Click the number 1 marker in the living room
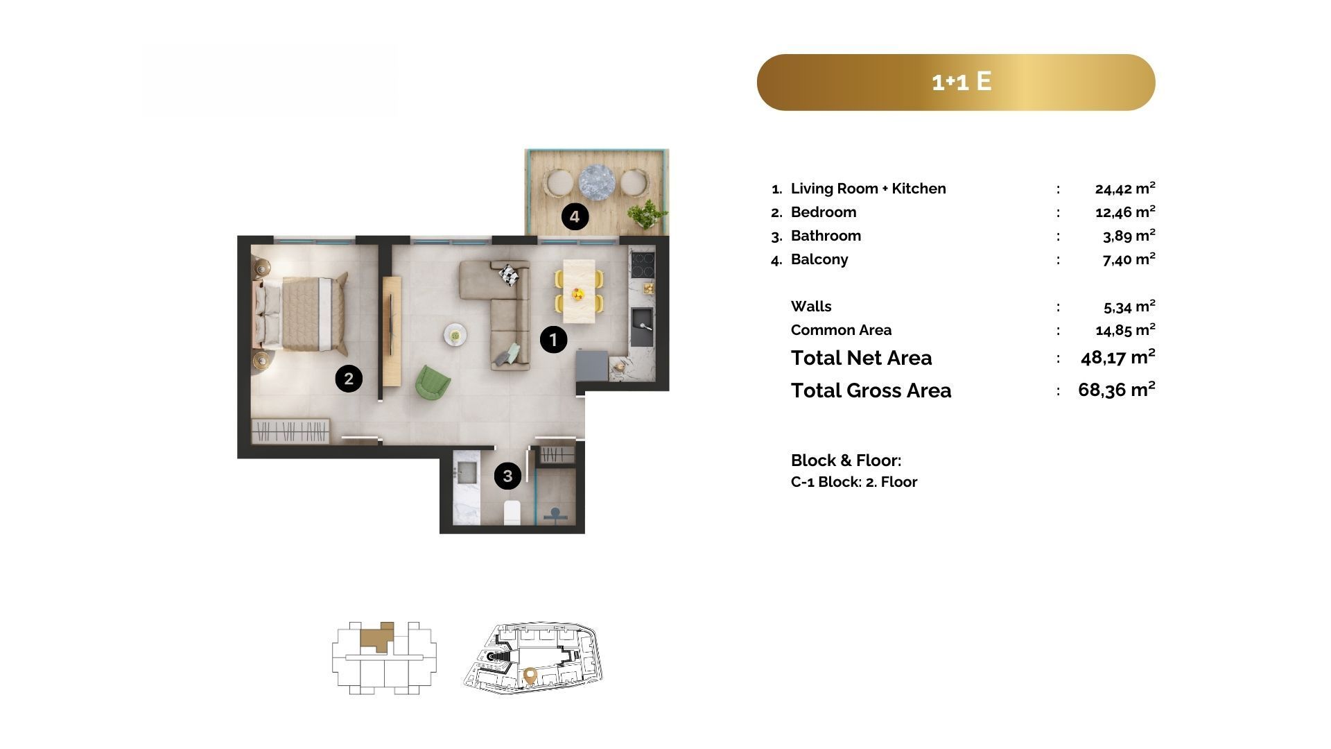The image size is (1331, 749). [x=553, y=340]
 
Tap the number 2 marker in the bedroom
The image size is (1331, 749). [x=349, y=378]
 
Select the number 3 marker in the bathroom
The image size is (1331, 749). [x=507, y=476]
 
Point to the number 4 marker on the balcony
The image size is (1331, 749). [x=575, y=217]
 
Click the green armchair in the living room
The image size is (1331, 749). [x=433, y=382]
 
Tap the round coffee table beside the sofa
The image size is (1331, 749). [x=455, y=335]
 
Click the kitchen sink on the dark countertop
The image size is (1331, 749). [x=641, y=327]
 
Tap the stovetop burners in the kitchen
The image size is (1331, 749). [x=643, y=264]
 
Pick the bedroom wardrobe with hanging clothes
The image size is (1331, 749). [x=290, y=431]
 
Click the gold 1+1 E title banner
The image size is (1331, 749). [x=956, y=82]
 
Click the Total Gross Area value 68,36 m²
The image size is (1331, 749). [x=1117, y=390]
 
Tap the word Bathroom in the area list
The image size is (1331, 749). [x=826, y=236]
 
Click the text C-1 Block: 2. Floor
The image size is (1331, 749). [x=854, y=482]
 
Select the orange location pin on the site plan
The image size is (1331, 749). [x=530, y=675]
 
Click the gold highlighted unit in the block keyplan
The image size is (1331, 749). [x=376, y=636]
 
